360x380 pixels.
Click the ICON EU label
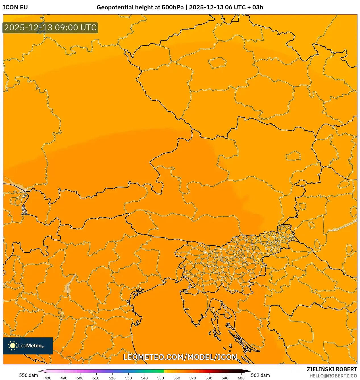click(15, 7)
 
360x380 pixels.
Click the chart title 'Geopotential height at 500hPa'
click(140, 7)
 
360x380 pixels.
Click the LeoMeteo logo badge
click(28, 346)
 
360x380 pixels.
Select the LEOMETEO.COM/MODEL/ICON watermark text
click(180, 357)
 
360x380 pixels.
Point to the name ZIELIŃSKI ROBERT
click(332, 369)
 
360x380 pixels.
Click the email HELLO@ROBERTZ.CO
click(333, 376)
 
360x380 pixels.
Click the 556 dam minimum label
click(28, 375)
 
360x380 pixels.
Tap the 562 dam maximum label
click(260, 375)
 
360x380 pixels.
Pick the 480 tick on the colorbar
click(48, 378)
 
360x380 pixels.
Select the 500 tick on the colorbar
click(80, 378)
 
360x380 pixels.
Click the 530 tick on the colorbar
click(128, 378)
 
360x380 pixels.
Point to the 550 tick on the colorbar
click(161, 378)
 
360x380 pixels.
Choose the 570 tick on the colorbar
click(193, 378)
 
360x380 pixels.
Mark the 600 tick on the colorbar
click(241, 378)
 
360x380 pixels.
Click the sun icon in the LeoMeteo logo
click(13, 346)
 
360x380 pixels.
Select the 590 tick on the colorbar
click(225, 378)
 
